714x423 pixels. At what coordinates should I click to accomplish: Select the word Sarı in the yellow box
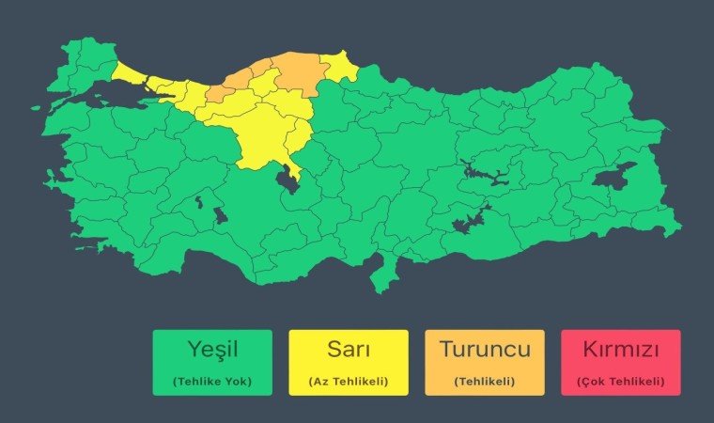coord(348,350)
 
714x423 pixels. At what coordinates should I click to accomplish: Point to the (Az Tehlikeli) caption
coord(348,382)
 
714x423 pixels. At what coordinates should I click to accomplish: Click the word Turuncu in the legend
coord(485,350)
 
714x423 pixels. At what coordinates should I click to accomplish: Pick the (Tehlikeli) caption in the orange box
coord(485,382)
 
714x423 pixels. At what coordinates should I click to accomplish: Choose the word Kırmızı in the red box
coord(620,350)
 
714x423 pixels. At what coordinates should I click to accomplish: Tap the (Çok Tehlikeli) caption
coord(620,382)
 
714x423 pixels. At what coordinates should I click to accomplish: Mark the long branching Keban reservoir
coord(484,175)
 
